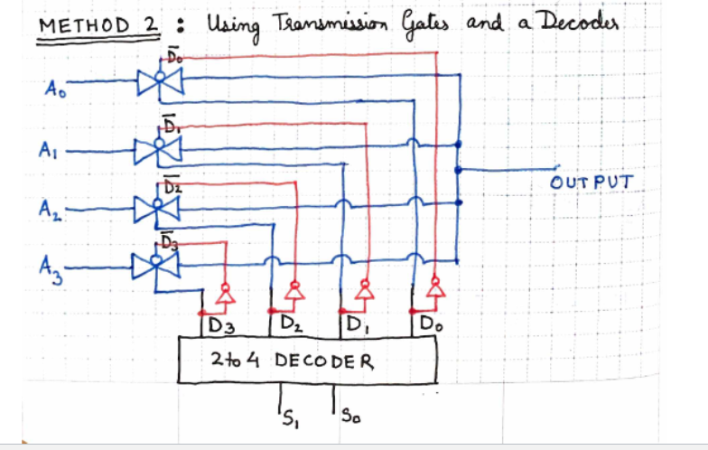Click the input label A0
click(x=55, y=89)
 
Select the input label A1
click(x=48, y=150)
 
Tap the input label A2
click(x=51, y=210)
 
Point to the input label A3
click(x=51, y=270)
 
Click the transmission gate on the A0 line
click(x=160, y=81)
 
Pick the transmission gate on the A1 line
click(x=158, y=149)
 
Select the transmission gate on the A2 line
click(x=157, y=209)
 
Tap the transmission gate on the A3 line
click(x=155, y=266)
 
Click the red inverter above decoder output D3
click(x=226, y=294)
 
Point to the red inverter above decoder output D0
click(x=435, y=287)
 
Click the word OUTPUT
click(x=592, y=183)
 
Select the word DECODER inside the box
click(x=324, y=361)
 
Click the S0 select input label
click(x=350, y=416)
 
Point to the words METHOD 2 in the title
click(x=98, y=25)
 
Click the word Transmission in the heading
click(x=331, y=23)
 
